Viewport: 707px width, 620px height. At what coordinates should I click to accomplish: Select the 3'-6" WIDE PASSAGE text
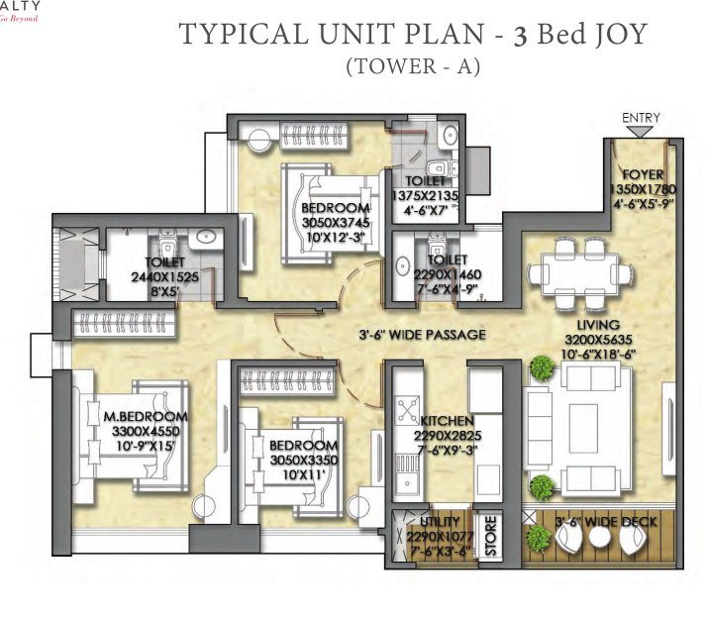coord(423,335)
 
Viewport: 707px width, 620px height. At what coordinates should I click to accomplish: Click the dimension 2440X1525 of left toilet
coord(165,278)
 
